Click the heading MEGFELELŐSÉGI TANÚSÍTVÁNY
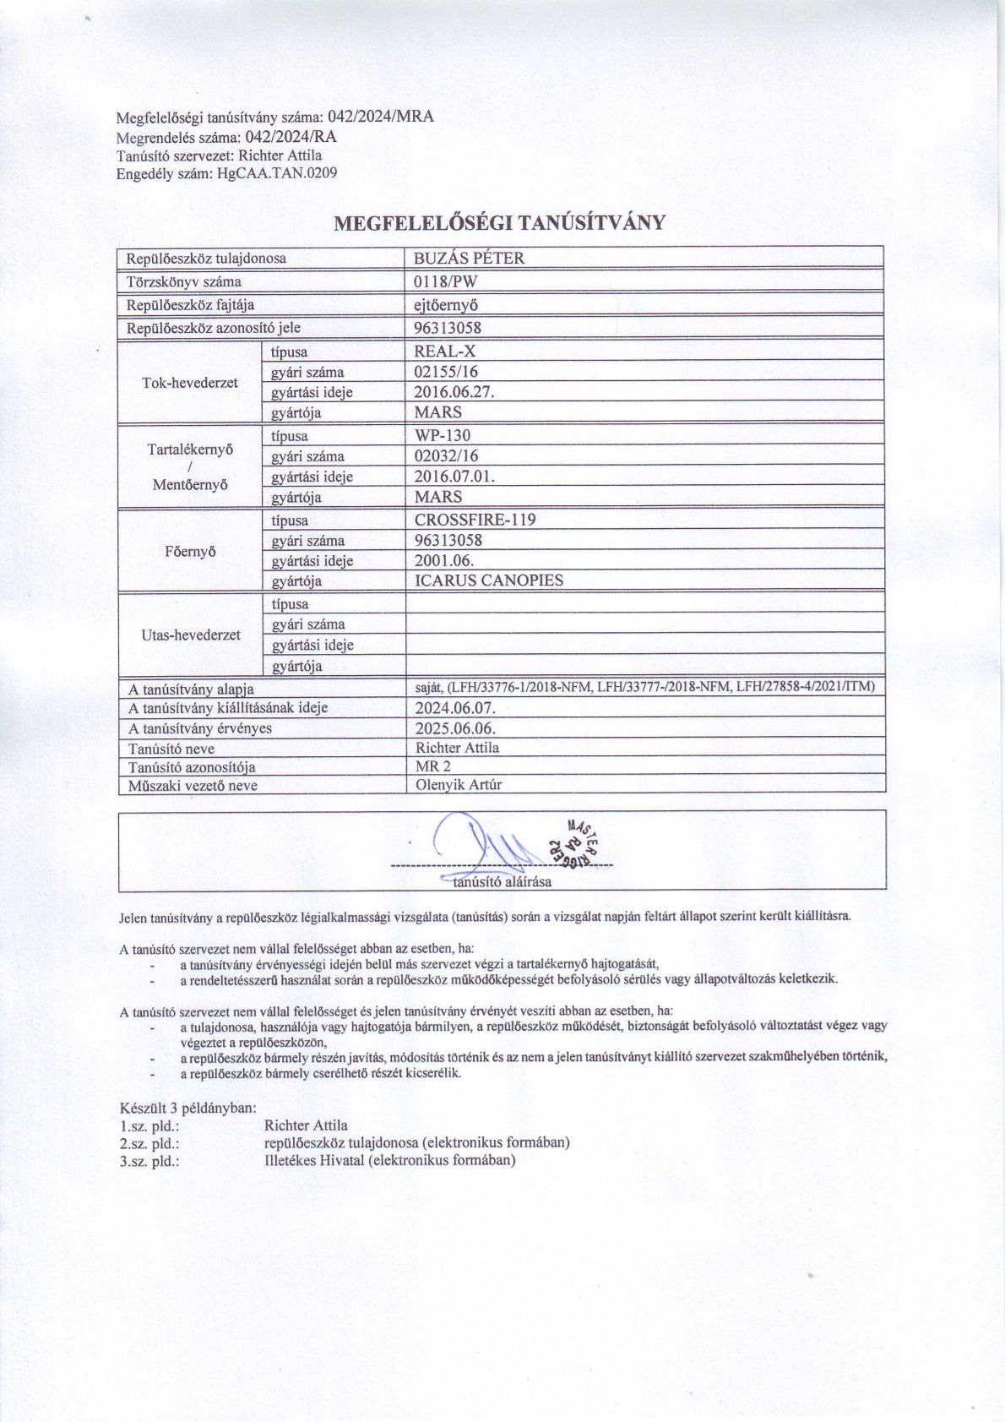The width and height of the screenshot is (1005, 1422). (501, 223)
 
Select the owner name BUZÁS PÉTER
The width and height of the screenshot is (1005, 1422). (469, 259)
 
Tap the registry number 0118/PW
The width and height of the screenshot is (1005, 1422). (446, 281)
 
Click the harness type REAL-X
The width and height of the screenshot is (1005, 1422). (445, 351)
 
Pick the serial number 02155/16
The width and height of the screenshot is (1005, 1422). (447, 372)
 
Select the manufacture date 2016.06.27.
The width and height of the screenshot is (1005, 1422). (454, 392)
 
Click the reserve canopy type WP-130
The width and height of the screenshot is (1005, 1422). (443, 436)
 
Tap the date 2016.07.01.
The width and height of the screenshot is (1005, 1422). (454, 477)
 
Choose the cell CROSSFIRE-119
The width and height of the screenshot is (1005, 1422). (475, 520)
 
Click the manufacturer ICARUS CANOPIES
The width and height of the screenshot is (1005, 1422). (489, 580)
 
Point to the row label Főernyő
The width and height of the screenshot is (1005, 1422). (190, 551)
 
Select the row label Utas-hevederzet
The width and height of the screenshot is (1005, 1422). (190, 635)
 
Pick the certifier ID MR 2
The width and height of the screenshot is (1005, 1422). (433, 766)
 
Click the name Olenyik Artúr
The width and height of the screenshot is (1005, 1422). (459, 785)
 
